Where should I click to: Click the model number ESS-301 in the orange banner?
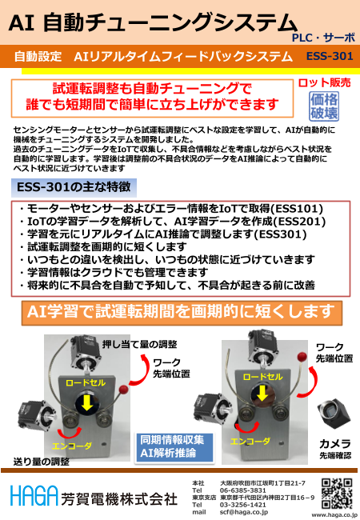pos(330,56)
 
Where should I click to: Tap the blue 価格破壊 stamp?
pos(324,106)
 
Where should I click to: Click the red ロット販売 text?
pos(324,82)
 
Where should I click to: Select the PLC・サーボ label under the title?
pos(323,38)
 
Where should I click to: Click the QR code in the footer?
pos(337,494)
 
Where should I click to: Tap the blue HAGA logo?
pos(34,495)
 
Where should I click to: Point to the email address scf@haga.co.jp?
pos(244,512)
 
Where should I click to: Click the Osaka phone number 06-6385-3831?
pos(242,490)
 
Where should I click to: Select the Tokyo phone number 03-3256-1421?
pos(242,505)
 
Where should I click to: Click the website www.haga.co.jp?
pos(334,515)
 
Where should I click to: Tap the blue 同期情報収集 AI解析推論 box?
pos(174,446)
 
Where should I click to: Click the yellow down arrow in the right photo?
pos(262,394)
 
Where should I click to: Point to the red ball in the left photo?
pos(123,390)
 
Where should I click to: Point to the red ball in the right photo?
pos(302,357)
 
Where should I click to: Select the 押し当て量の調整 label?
pos(139,344)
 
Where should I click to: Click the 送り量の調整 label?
pos(42,462)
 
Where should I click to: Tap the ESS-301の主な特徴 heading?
pos(74,187)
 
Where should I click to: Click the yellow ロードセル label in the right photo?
pos(262,377)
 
